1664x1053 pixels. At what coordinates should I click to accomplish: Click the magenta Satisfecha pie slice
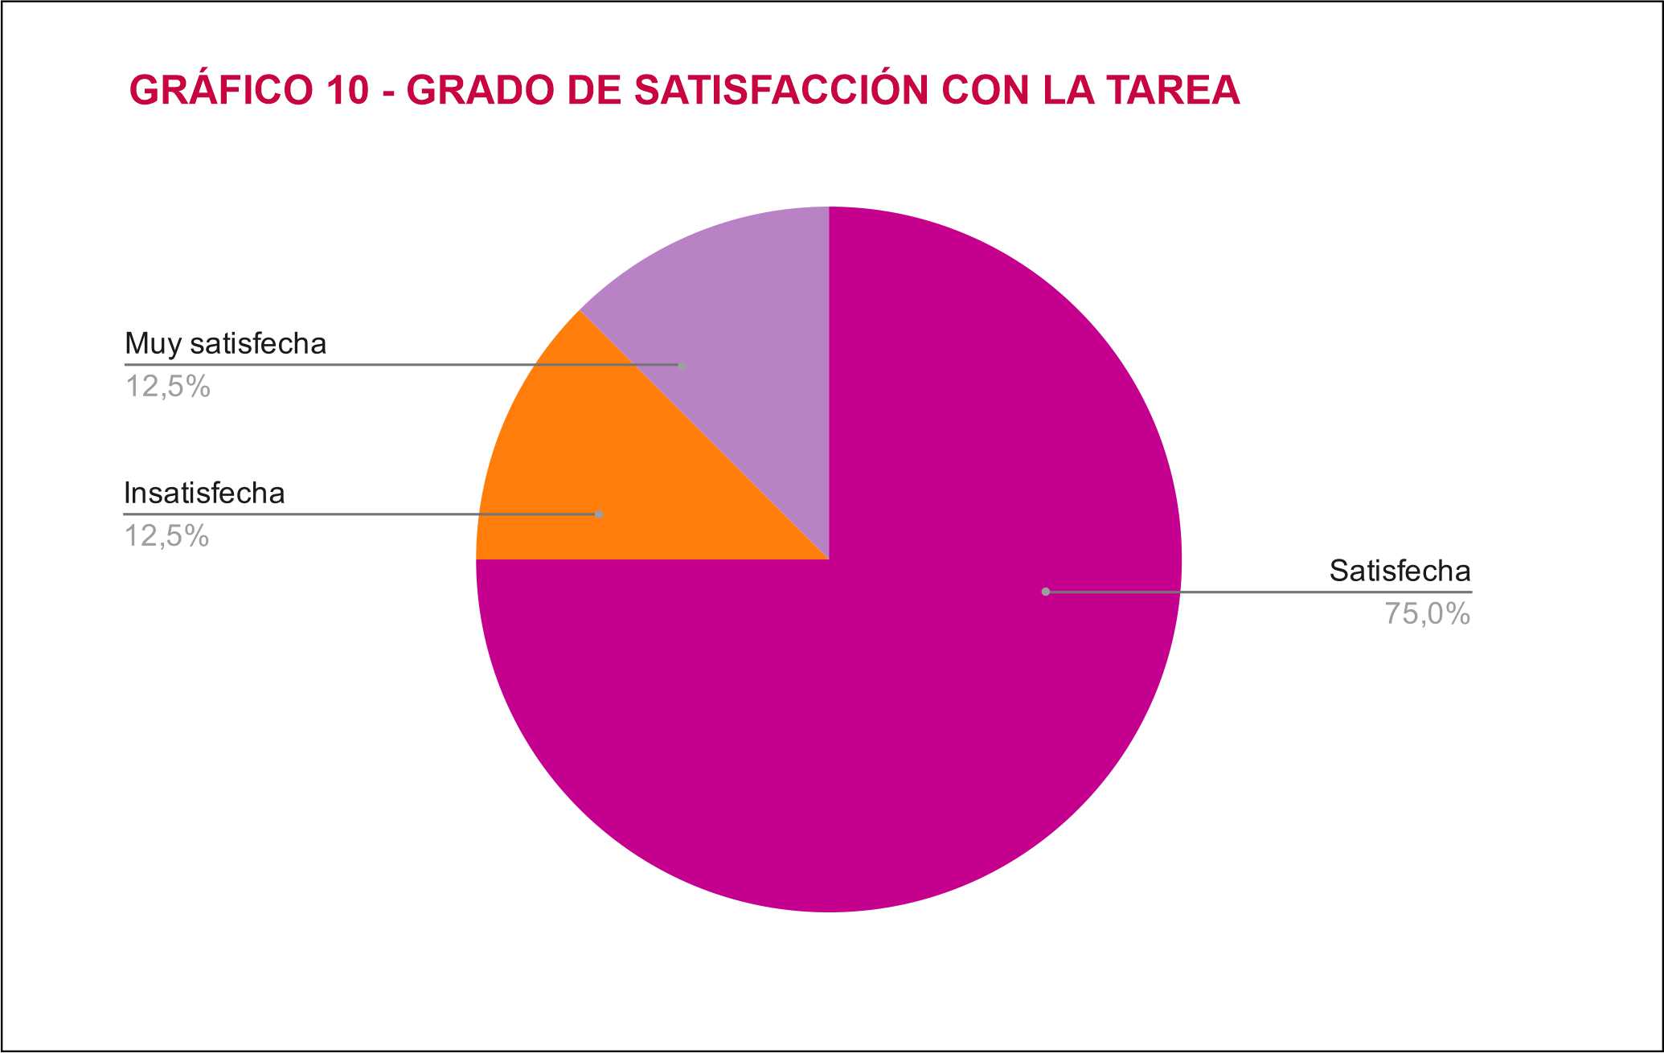(x=924, y=683)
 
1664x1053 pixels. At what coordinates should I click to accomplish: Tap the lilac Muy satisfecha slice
(x=740, y=289)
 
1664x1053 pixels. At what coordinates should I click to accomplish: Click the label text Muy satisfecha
(x=226, y=344)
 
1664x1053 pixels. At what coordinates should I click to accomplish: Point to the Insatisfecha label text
(x=204, y=493)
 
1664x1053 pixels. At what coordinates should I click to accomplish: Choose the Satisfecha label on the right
(x=1400, y=571)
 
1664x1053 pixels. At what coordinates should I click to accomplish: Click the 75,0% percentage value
(x=1427, y=614)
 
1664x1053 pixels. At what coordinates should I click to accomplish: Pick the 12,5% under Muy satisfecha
(x=167, y=387)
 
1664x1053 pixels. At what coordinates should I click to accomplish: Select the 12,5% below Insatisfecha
(x=166, y=536)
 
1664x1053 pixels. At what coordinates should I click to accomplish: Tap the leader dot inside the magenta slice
(x=1046, y=592)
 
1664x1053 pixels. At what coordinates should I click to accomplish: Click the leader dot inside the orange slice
(x=599, y=514)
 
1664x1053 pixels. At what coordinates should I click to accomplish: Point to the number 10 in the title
(x=347, y=90)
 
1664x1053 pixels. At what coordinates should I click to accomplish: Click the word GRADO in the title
(x=480, y=90)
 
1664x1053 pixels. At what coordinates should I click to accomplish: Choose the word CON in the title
(x=985, y=90)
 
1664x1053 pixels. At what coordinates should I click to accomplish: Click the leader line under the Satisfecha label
(x=1286, y=592)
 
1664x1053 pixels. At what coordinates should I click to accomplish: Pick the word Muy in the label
(x=153, y=344)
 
